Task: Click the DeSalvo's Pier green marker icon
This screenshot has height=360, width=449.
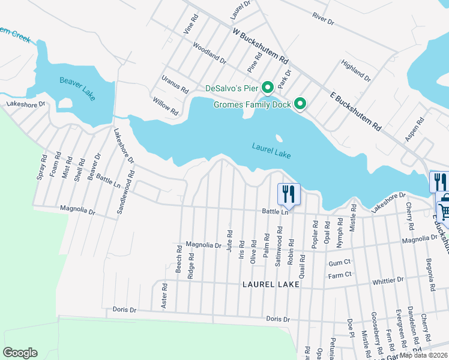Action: click(267, 88)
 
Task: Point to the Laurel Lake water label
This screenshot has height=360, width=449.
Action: click(271, 151)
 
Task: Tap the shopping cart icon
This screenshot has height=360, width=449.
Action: click(444, 211)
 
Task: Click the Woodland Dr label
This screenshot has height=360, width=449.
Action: click(209, 53)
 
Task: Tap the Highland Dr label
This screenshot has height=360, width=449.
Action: click(355, 70)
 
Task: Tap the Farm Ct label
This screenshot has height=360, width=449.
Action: click(339, 275)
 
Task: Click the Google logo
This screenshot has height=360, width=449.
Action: click(20, 353)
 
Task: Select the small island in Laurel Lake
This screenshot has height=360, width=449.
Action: click(279, 138)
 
